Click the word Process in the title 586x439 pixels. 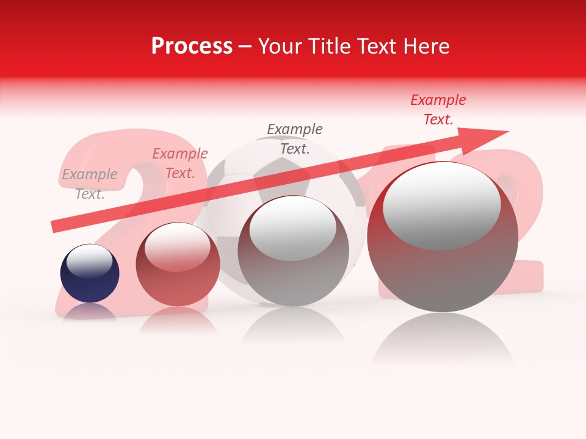click(x=192, y=46)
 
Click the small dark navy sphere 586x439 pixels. click(x=90, y=280)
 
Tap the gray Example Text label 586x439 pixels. click(x=90, y=184)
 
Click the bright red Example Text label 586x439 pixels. click(x=438, y=110)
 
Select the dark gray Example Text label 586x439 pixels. click(x=295, y=138)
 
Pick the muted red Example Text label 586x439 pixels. click(x=180, y=163)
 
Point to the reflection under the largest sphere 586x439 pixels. click(x=443, y=338)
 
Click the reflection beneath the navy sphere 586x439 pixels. click(x=90, y=312)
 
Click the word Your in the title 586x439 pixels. click(x=279, y=46)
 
